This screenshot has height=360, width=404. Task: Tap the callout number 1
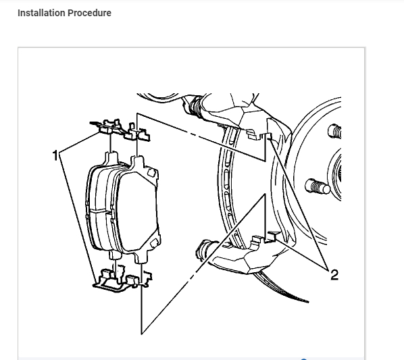[x=56, y=155]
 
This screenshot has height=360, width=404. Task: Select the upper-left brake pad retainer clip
[x=107, y=126]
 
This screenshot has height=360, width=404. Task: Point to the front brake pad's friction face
[x=136, y=209]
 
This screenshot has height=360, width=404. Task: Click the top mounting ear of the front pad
[x=137, y=163]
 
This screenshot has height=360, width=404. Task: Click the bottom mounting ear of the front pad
[x=140, y=257]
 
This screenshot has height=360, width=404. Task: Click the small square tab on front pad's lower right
[x=153, y=242]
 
